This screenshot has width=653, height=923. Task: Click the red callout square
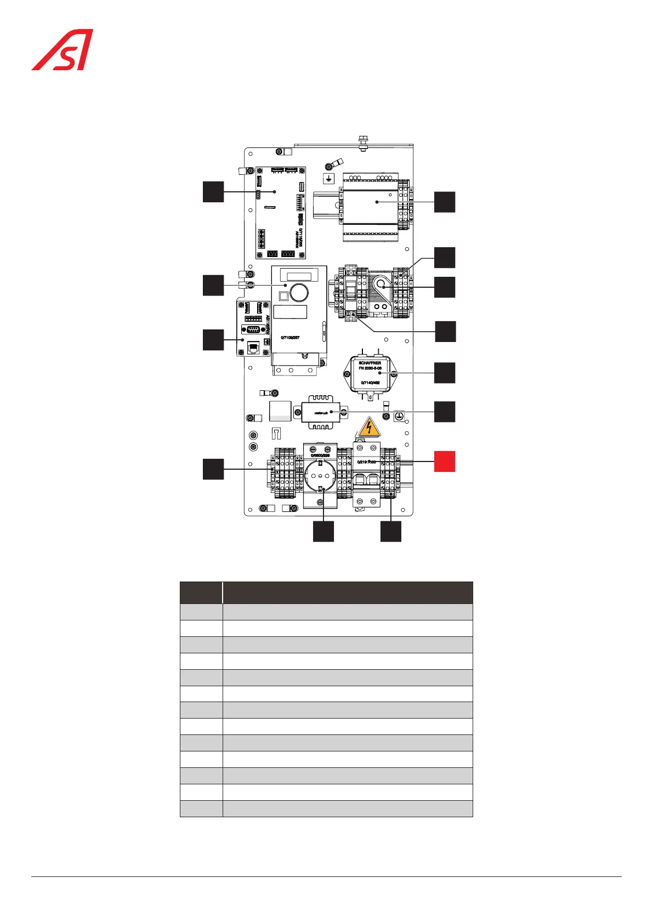[x=445, y=461]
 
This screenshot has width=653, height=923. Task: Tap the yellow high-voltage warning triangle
[x=370, y=427]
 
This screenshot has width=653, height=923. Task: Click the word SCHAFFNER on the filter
[x=370, y=363]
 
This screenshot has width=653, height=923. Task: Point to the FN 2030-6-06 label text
[x=370, y=368]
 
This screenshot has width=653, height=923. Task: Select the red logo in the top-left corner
[x=62, y=50]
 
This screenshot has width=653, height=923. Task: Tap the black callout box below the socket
[x=323, y=532]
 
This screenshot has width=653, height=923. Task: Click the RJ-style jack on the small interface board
[x=254, y=347]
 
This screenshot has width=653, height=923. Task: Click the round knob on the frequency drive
[x=299, y=293]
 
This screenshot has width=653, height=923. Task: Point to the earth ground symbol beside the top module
[x=329, y=179]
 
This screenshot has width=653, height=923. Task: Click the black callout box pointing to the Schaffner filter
[x=445, y=373]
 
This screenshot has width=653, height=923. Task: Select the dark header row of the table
[x=326, y=592]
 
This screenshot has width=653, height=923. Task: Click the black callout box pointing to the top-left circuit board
[x=213, y=191]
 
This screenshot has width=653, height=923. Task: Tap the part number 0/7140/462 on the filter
[x=370, y=383]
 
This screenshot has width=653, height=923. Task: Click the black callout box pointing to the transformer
[x=445, y=412]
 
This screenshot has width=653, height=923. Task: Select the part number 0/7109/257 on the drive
[x=290, y=338]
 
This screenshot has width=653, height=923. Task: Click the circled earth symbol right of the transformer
[x=400, y=417]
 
